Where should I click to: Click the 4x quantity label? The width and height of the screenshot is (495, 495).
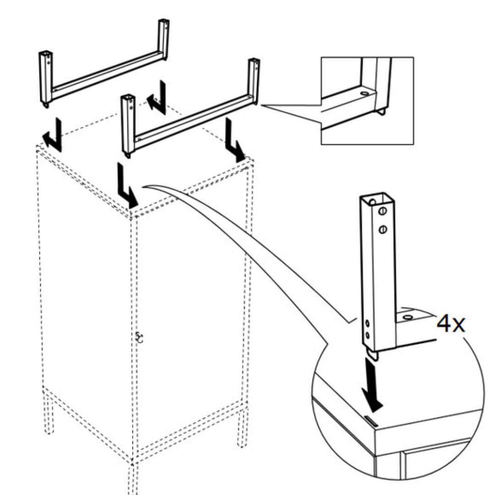pyautogui.click(x=451, y=324)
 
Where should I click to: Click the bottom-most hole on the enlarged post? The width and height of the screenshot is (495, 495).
pyautogui.click(x=367, y=335)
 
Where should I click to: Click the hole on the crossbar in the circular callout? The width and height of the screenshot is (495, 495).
pyautogui.click(x=407, y=317)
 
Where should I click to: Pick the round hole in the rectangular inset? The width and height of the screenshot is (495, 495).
pyautogui.click(x=365, y=93)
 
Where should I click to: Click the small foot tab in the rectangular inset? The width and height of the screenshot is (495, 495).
pyautogui.click(x=382, y=111)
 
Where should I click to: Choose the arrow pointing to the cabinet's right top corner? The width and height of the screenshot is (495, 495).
pyautogui.click(x=234, y=140)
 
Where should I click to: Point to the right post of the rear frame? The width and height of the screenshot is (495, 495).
pyautogui.click(x=163, y=39)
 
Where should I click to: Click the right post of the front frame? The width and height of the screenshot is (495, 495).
pyautogui.click(x=253, y=80)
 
